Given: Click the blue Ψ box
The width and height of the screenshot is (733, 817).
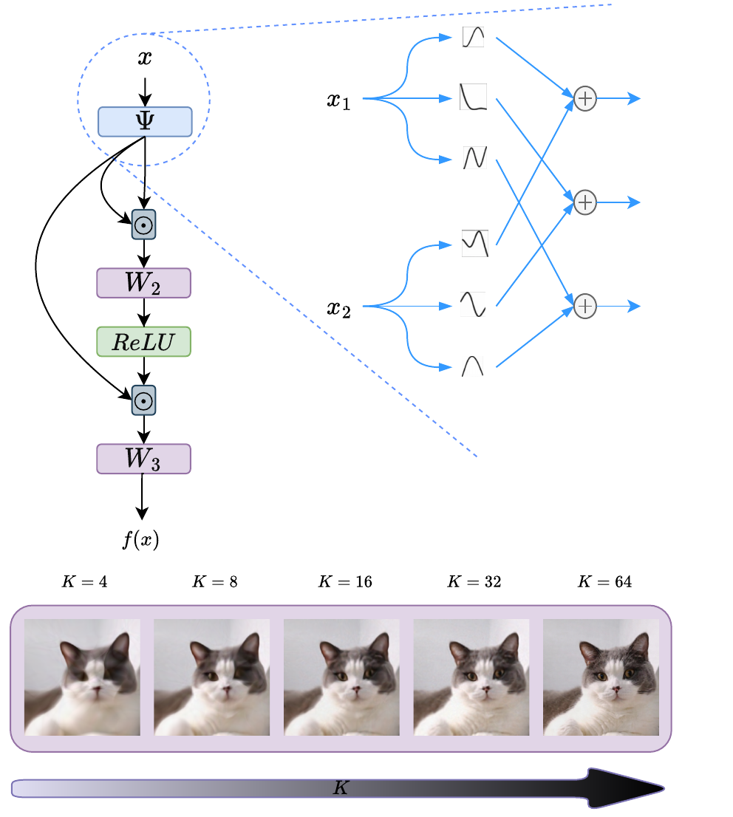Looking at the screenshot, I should pos(145,121).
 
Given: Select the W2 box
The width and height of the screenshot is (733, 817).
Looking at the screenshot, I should pos(143,283).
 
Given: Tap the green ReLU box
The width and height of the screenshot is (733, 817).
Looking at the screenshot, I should pos(143,341).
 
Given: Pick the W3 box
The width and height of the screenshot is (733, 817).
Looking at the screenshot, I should pos(143,459).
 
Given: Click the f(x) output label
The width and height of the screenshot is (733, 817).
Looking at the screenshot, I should pos(140,540).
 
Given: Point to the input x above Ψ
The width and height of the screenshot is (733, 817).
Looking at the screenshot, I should pos(145,58).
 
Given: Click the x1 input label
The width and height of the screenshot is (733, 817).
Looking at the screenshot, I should pos(338,100).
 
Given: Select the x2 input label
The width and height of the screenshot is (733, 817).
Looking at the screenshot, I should pos(338,307).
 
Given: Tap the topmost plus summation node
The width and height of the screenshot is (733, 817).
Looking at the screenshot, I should pos(584,98).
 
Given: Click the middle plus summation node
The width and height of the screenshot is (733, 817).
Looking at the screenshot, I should pos(584,202).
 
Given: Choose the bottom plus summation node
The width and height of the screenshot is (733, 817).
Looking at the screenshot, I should pos(584,306).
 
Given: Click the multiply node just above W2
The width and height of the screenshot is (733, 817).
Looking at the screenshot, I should pos(143,225).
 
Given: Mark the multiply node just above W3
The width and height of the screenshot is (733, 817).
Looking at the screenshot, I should pos(143,400).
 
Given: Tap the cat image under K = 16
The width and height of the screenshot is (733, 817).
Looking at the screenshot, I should pos(341,677).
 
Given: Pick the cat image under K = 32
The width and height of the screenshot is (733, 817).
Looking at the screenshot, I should pos(471,677).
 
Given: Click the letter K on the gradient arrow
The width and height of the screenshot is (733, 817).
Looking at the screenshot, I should pos(340,788).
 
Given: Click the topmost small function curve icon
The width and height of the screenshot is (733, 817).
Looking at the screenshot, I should pos(473,36).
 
